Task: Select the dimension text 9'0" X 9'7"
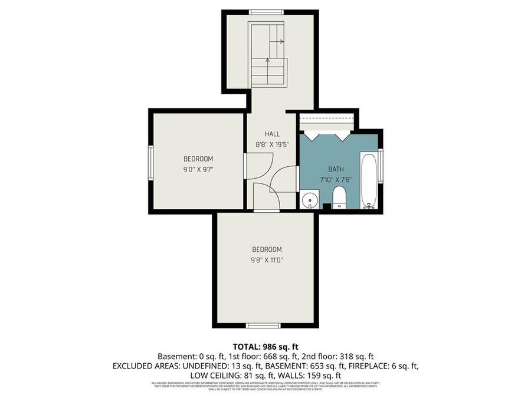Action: click(198, 169)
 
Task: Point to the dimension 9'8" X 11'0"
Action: click(267, 259)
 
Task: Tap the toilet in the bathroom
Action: click(339, 197)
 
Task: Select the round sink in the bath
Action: click(309, 200)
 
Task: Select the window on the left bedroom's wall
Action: click(150, 162)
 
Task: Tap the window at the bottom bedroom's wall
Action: click(263, 325)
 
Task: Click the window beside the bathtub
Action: click(381, 167)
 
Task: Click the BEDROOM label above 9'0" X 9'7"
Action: click(198, 159)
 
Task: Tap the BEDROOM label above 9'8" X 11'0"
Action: click(267, 249)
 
